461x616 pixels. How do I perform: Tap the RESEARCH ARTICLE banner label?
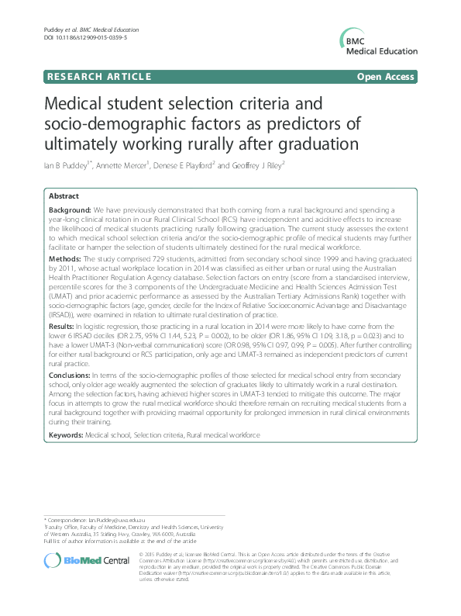point(88,78)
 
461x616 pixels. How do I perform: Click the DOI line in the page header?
point(74,37)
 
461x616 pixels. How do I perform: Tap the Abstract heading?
point(63,197)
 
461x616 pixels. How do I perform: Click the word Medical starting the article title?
point(75,103)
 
